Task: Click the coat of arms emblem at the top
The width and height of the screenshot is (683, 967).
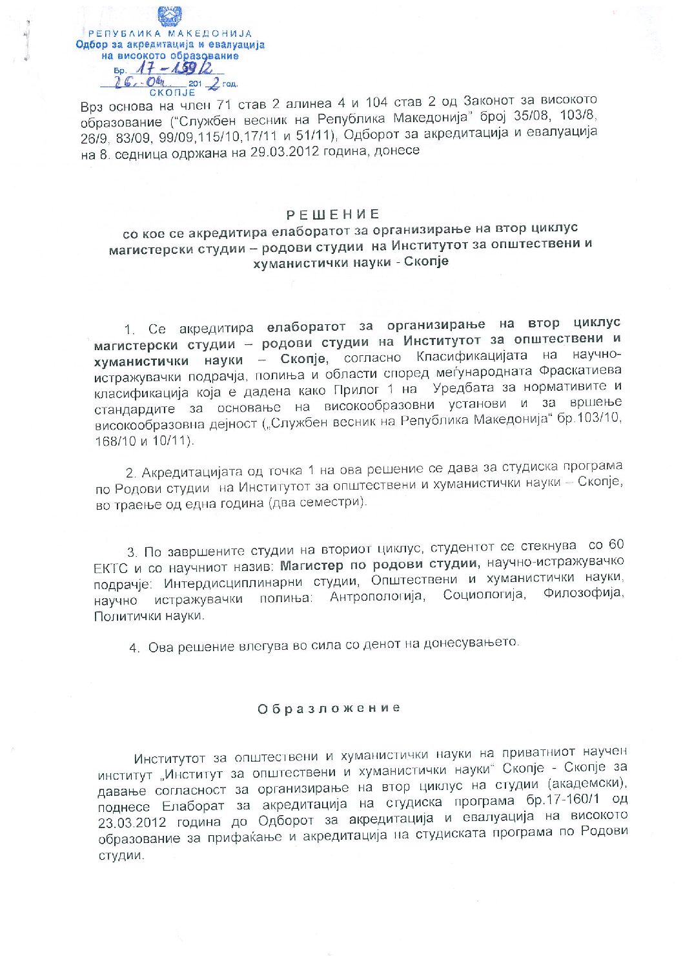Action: [170, 16]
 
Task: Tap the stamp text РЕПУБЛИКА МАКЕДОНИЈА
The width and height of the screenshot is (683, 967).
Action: [170, 34]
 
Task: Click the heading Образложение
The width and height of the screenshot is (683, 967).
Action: [329, 708]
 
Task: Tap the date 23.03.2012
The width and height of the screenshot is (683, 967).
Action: [132, 823]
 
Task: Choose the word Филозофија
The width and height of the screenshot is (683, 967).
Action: [584, 593]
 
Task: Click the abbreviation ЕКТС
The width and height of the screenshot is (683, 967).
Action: [112, 569]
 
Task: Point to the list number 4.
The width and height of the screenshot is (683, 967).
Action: [134, 649]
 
